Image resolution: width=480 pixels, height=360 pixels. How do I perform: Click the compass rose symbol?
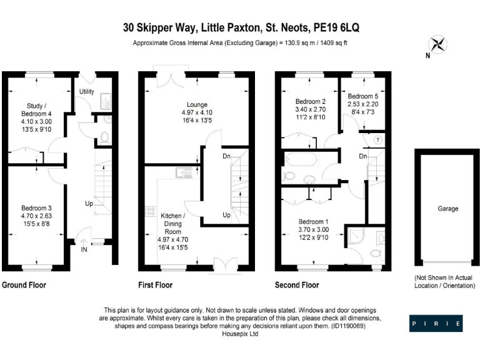click(439, 44)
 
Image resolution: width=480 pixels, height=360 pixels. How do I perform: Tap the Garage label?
click(447, 209)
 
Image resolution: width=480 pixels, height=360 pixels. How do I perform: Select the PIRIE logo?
click(436, 324)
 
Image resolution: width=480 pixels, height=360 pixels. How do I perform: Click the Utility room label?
click(86, 92)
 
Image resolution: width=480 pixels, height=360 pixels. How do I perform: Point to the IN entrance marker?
click(84, 249)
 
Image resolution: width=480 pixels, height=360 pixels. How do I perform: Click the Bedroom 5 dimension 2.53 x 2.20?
click(363, 104)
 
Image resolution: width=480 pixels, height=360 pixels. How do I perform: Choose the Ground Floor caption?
click(24, 285)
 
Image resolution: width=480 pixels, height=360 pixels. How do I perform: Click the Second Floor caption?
click(297, 285)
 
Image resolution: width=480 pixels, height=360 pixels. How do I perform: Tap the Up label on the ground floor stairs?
click(90, 204)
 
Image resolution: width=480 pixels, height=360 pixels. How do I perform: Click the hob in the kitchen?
click(151, 212)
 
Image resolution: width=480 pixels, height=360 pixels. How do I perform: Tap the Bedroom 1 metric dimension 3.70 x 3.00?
click(312, 230)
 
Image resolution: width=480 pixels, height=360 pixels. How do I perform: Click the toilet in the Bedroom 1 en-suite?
click(374, 252)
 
